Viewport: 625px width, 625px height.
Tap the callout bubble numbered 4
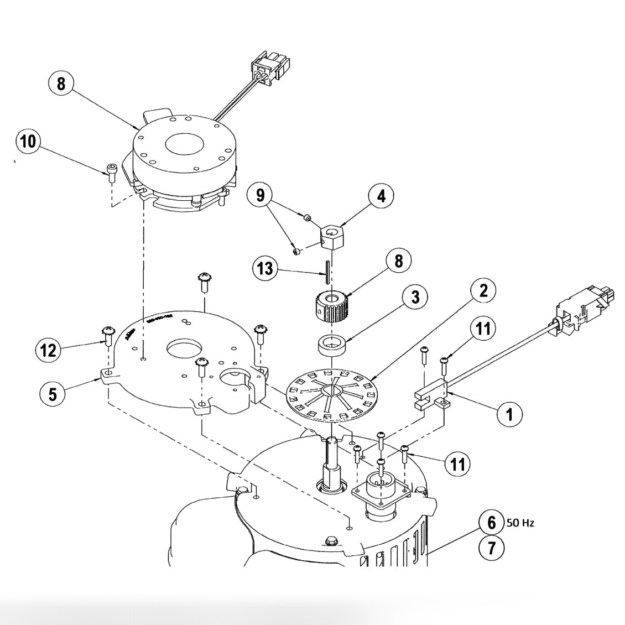(382, 196)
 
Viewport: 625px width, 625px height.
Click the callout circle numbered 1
(508, 413)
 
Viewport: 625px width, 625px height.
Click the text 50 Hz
(520, 523)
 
